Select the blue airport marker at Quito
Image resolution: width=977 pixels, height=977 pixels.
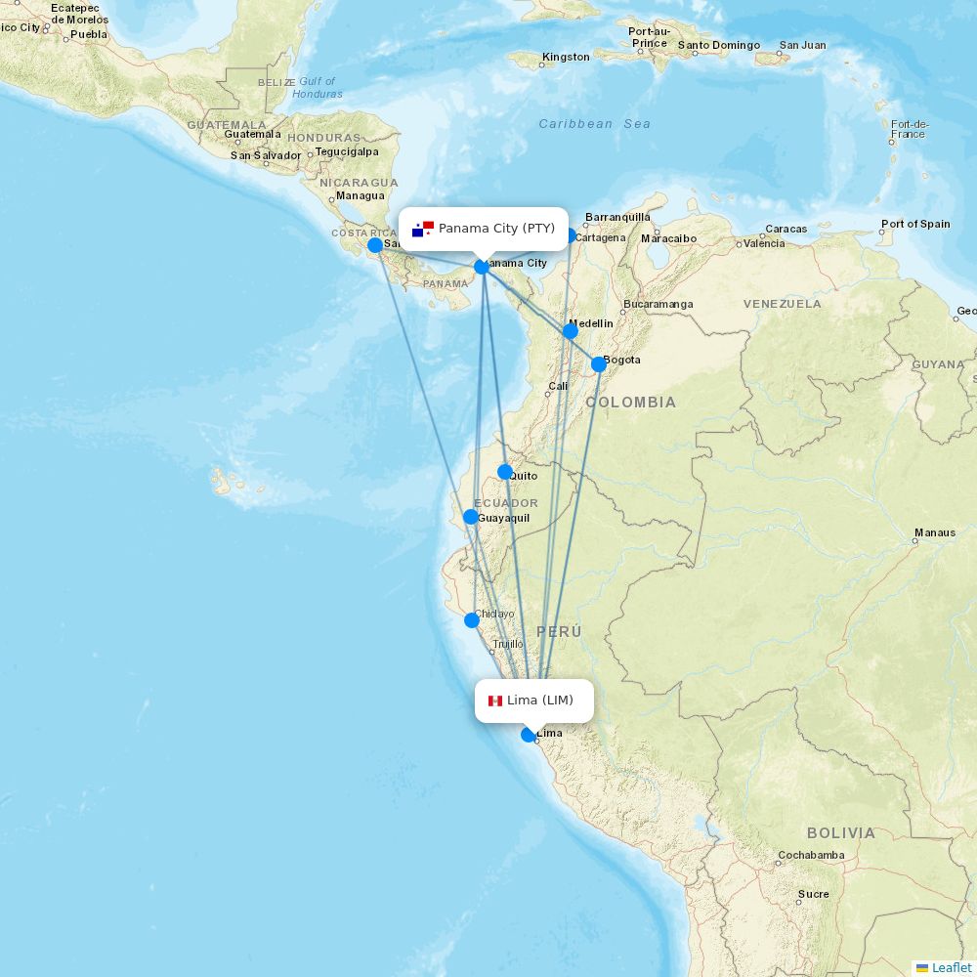[x=505, y=472]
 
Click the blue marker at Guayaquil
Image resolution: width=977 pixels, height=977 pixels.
[x=471, y=517]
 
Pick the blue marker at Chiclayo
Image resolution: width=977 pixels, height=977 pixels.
[x=472, y=619]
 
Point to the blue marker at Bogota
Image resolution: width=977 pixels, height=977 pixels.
[x=599, y=364]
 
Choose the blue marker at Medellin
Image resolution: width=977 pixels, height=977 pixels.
[x=571, y=331]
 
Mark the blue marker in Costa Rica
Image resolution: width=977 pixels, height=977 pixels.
[x=375, y=245]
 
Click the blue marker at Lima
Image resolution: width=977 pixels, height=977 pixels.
[x=529, y=735]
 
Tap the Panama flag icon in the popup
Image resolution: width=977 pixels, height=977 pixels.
[x=423, y=229]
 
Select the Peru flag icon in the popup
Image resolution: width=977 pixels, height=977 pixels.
[x=495, y=701]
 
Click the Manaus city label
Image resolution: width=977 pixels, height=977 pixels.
[x=935, y=533]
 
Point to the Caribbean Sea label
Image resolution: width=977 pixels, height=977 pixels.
[x=594, y=124]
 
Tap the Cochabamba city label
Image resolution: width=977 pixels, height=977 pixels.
[x=811, y=856]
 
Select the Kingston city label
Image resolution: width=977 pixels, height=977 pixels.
[x=566, y=57]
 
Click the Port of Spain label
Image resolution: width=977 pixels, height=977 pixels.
[x=915, y=224]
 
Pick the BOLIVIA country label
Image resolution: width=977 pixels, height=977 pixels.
[x=841, y=833]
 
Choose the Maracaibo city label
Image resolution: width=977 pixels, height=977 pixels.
[x=669, y=238]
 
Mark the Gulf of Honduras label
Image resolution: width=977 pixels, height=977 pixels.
[x=317, y=88]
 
